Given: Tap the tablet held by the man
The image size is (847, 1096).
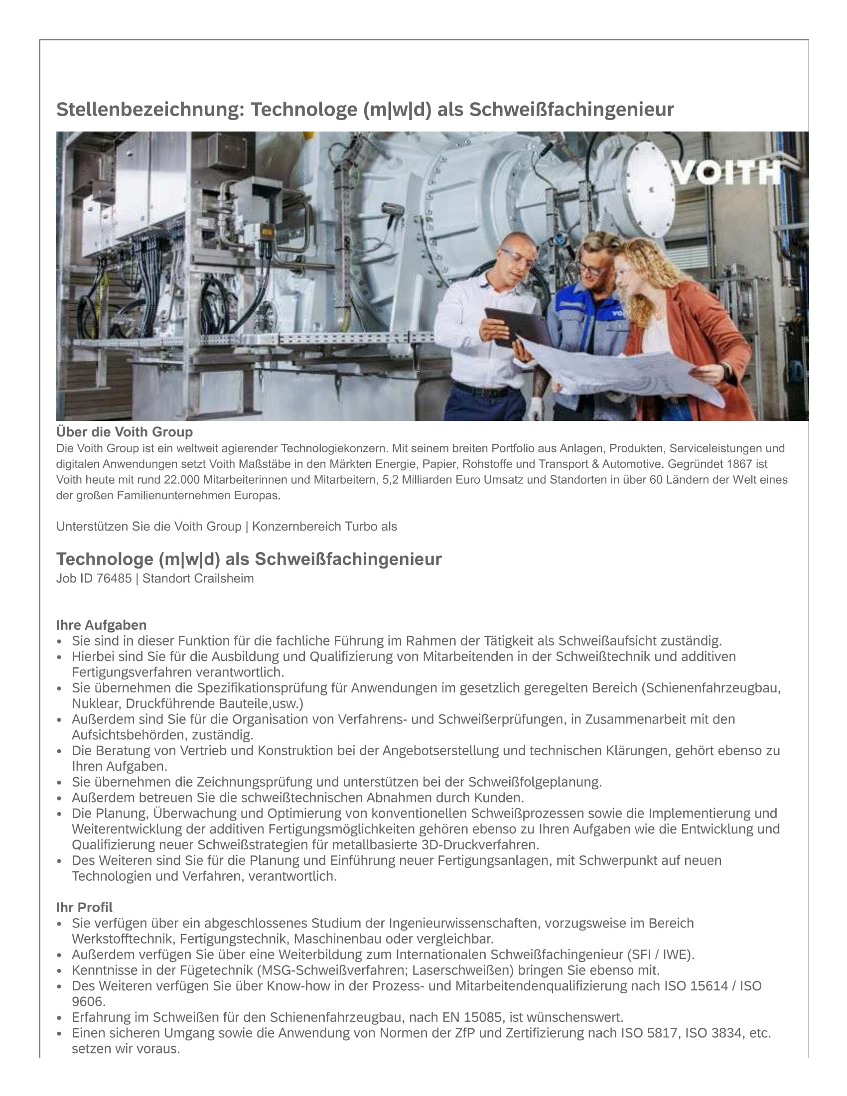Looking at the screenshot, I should pyautogui.click(x=516, y=327).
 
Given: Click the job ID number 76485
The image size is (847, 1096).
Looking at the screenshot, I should pyautogui.click(x=114, y=578).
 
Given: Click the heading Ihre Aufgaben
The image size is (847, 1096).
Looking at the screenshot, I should pyautogui.click(x=101, y=625).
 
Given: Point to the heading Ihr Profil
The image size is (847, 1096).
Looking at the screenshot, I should pyautogui.click(x=84, y=907).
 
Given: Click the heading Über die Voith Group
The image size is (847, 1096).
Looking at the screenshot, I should pyautogui.click(x=125, y=432).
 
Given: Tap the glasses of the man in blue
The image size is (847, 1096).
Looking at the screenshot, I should pyautogui.click(x=593, y=269).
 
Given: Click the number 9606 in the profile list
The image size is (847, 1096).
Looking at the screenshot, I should pyautogui.click(x=87, y=1002).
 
